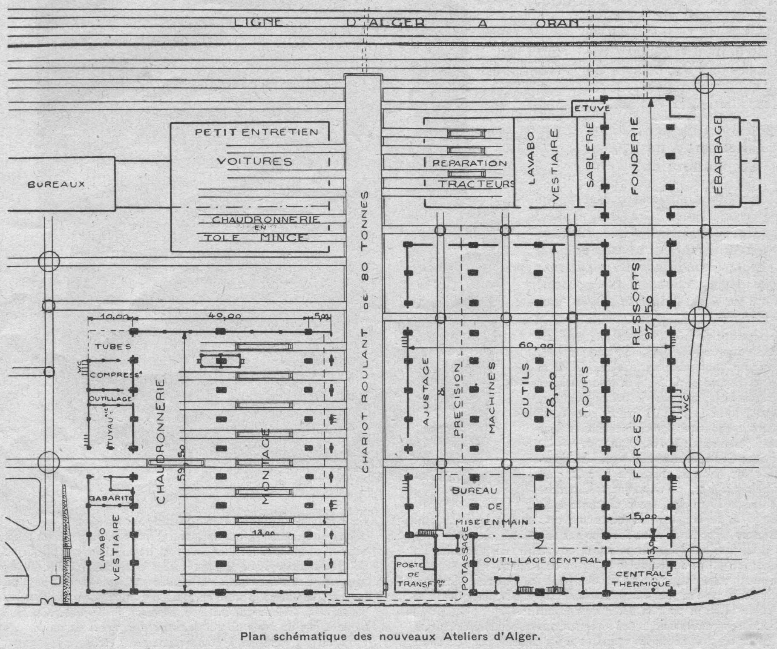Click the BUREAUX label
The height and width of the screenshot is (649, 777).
(56, 184)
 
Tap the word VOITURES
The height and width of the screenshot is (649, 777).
(254, 161)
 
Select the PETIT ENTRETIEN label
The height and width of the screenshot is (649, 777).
(256, 132)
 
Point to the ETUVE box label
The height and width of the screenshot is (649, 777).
(592, 109)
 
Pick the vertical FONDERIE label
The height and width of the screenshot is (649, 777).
(635, 156)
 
